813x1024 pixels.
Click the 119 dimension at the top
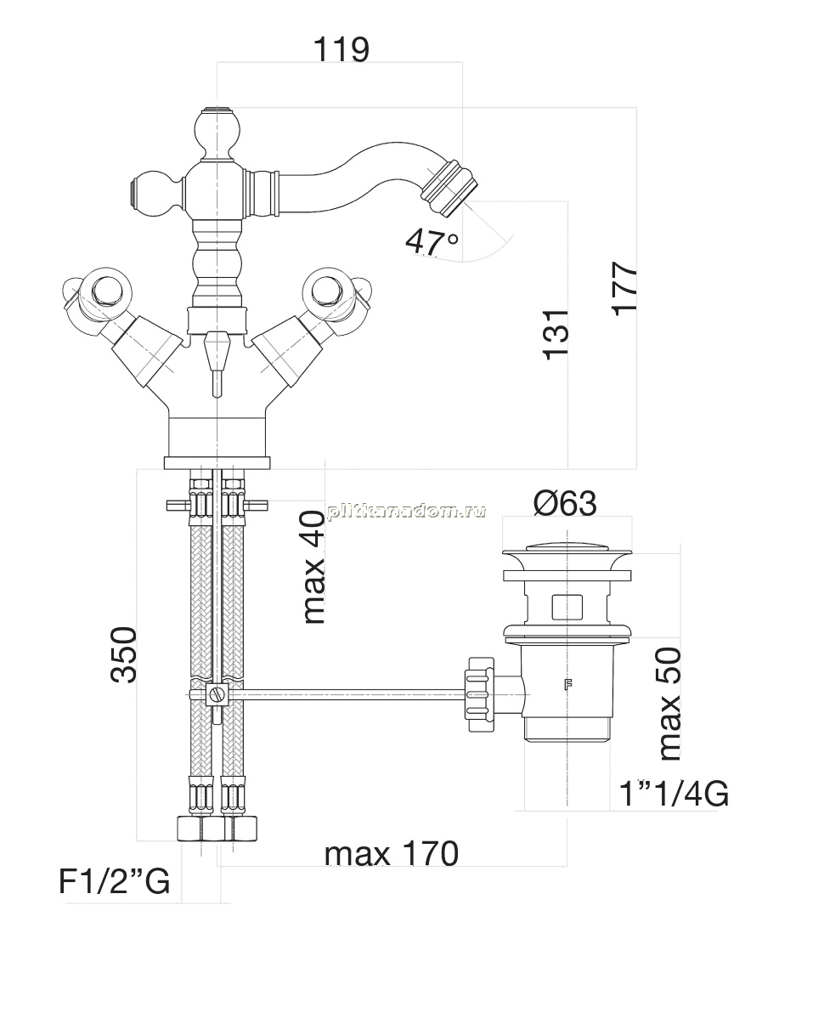click(342, 49)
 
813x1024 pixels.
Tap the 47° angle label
click(432, 242)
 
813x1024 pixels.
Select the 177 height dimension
click(624, 287)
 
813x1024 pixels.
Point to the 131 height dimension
click(556, 335)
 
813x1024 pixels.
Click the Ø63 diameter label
click(565, 503)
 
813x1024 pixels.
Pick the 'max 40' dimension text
click(314, 567)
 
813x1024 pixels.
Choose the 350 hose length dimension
click(124, 654)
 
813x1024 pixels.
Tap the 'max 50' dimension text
click(669, 704)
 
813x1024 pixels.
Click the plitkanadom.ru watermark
click(407, 511)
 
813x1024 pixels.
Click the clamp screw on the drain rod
click(217, 695)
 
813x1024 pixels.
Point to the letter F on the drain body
click(567, 685)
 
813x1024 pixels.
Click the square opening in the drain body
click(567, 607)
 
